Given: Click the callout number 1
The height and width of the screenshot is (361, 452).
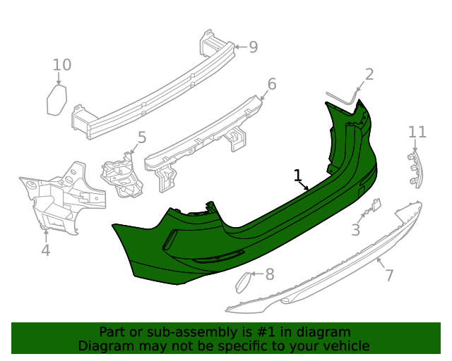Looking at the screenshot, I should (298, 175).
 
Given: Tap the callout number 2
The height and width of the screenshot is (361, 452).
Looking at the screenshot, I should (369, 74).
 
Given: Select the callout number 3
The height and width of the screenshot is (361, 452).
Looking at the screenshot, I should (356, 230).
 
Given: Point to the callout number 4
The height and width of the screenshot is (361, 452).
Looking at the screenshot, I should (45, 250).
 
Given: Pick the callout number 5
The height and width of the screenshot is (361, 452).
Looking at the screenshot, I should (141, 137).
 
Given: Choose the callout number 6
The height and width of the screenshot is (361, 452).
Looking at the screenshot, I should (272, 85).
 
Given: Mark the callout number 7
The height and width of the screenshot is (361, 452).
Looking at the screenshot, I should (389, 275).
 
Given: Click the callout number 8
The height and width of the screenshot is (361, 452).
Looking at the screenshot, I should (269, 274).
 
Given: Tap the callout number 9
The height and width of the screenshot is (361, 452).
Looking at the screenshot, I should (253, 47).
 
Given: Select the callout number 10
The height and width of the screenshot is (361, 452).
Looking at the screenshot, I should (62, 66).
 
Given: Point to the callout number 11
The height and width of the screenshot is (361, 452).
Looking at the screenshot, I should (417, 132).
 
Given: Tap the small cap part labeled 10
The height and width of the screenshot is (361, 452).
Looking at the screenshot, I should (56, 100).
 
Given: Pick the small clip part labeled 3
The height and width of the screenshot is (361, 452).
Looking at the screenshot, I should (373, 207).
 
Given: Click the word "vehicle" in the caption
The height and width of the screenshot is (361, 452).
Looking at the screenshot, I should (345, 345).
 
